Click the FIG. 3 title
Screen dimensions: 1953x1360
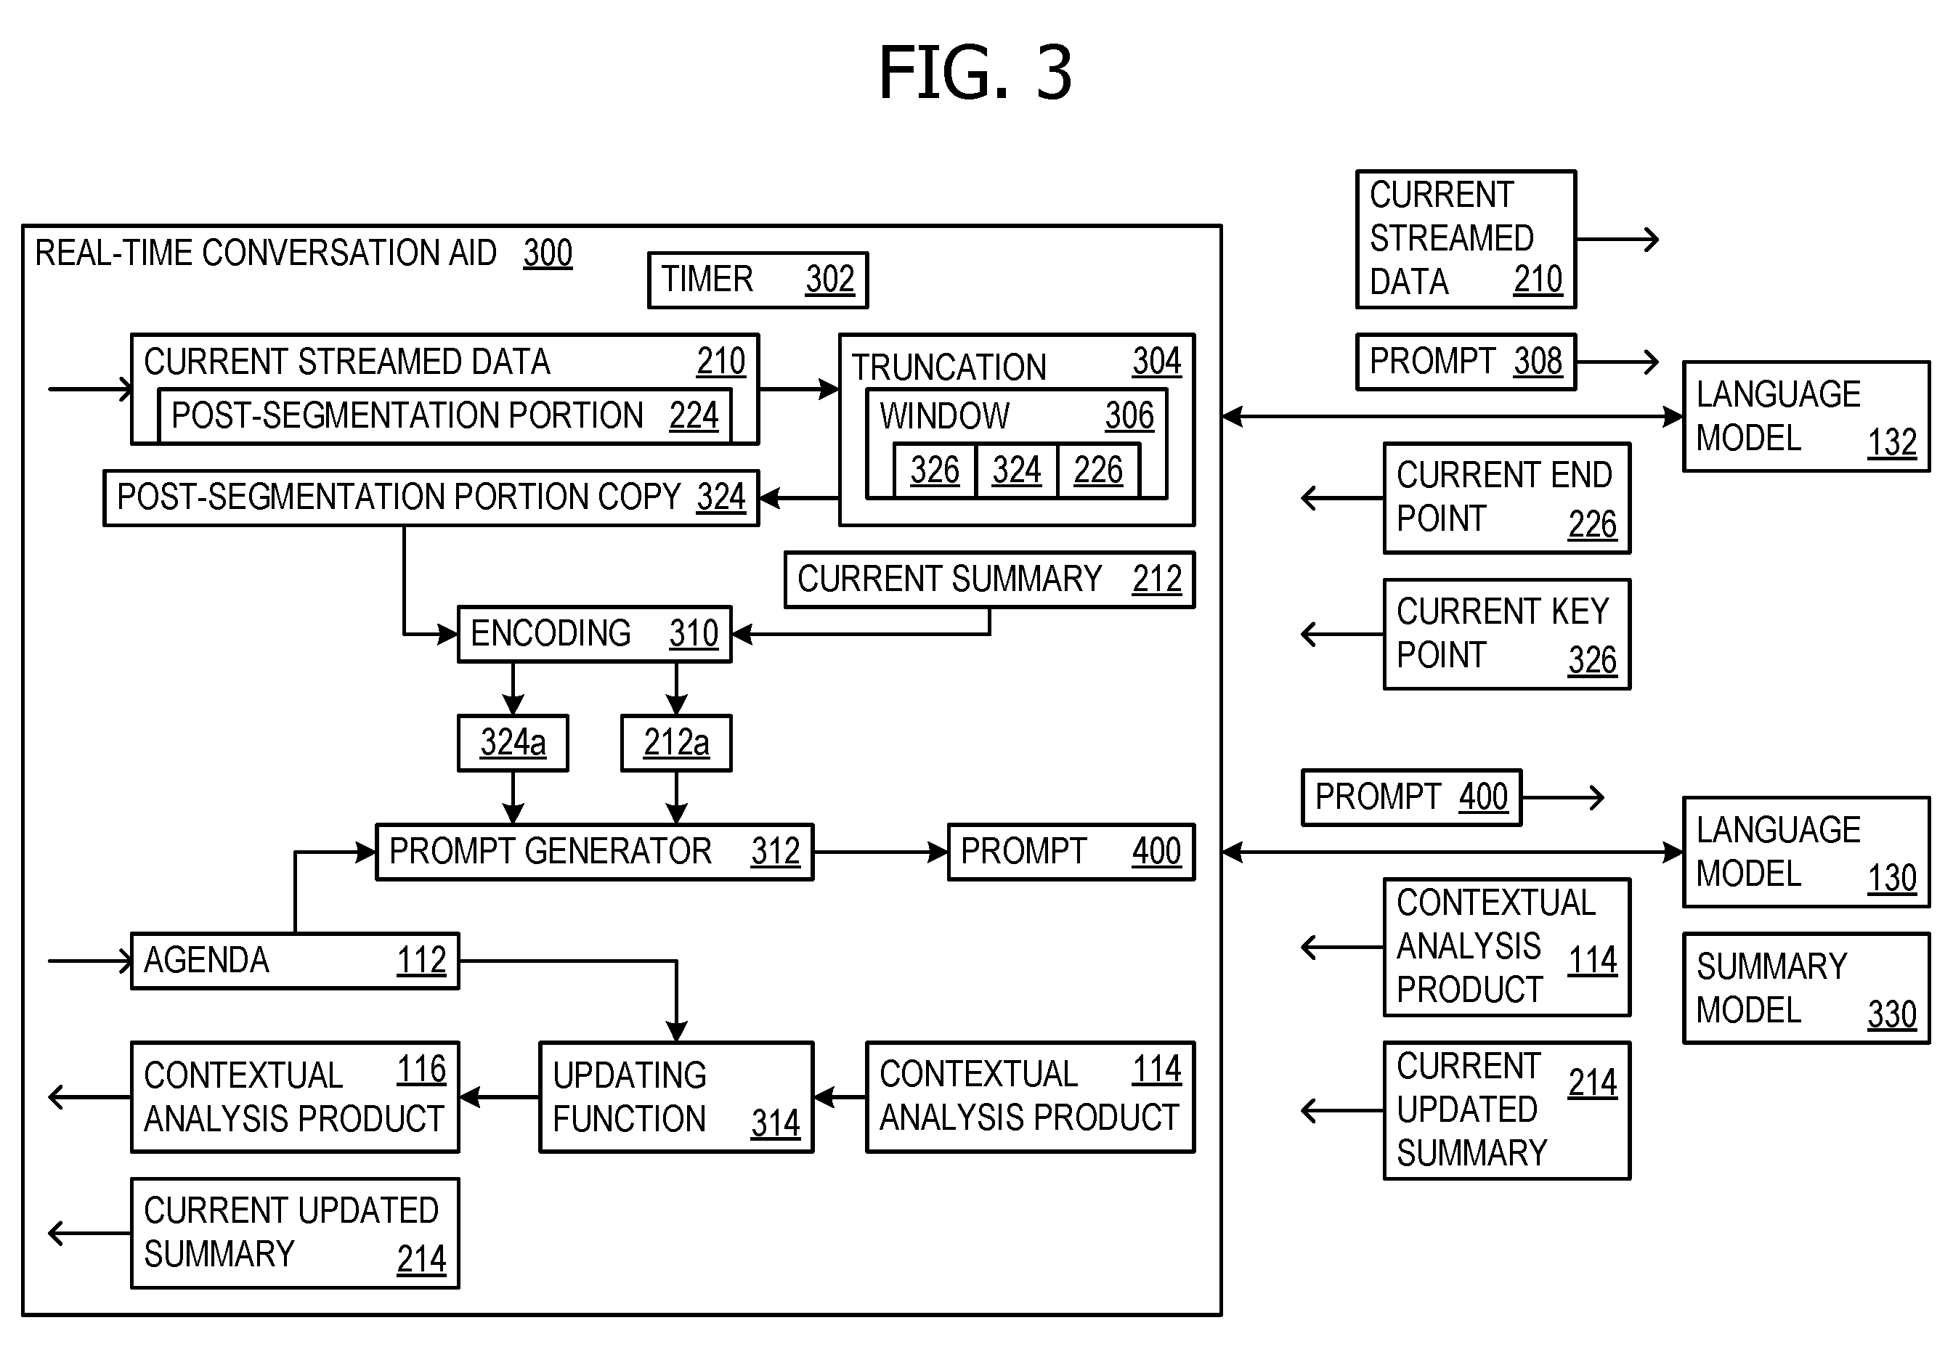tap(975, 73)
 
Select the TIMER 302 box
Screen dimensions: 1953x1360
tap(758, 280)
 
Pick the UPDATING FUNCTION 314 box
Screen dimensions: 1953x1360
tap(676, 1097)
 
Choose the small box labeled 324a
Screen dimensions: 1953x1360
tap(513, 743)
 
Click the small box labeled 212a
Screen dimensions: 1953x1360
tap(676, 743)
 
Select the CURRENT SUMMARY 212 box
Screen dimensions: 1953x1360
tap(989, 579)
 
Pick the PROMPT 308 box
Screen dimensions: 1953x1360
tap(1466, 362)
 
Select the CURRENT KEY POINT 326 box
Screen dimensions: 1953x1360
tap(1507, 635)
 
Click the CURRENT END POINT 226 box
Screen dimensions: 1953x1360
tap(1507, 498)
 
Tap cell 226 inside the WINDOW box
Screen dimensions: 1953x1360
tap(1098, 471)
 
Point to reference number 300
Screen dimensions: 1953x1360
tap(548, 253)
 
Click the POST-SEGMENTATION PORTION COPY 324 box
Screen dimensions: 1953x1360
tap(431, 497)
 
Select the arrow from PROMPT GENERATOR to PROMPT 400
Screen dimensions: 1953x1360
tap(881, 852)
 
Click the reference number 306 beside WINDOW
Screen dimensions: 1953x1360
tap(1129, 416)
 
